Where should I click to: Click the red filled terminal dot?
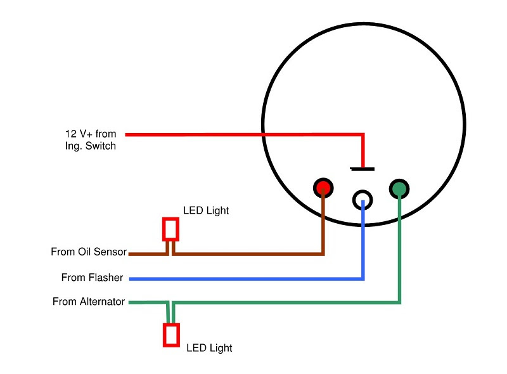[x=323, y=188]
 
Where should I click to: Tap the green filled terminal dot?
[x=400, y=188]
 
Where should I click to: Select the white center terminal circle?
[x=363, y=199]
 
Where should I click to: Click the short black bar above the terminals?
[x=362, y=169]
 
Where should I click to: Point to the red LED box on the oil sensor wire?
[x=170, y=229]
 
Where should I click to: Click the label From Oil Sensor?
[x=89, y=252]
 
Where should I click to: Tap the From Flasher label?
[x=92, y=278]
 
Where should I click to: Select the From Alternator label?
[x=89, y=302]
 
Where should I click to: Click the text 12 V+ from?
[x=91, y=134]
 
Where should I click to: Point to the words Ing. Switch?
[x=91, y=146]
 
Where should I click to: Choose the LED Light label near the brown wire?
[x=205, y=210]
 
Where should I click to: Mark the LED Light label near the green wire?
[x=209, y=348]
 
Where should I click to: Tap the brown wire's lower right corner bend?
[x=323, y=254]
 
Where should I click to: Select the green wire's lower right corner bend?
[x=399, y=302]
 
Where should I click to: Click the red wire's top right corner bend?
[x=363, y=134]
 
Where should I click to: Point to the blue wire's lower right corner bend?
[x=363, y=278]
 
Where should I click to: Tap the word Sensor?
[x=110, y=252]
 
